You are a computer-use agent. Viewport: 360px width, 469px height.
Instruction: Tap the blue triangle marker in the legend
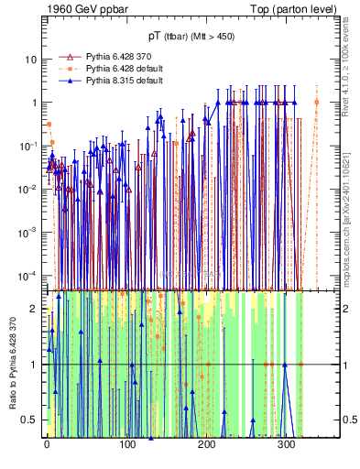pyautogui.click(x=65, y=81)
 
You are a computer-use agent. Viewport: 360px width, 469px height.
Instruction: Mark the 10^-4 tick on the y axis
pyautogui.click(x=27, y=275)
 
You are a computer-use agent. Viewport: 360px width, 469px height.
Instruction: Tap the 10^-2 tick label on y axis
pyautogui.click(x=27, y=189)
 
